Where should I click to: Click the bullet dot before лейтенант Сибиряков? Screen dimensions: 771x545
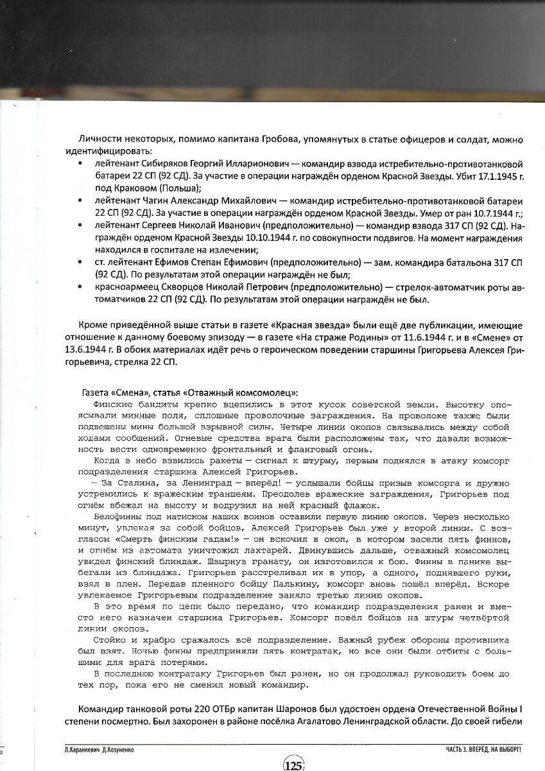point(80,163)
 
